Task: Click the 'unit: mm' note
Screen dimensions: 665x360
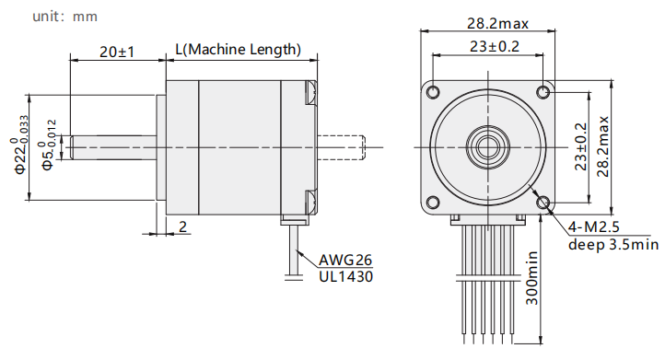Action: pyautogui.click(x=64, y=17)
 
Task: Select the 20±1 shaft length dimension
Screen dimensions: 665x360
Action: pyautogui.click(x=117, y=52)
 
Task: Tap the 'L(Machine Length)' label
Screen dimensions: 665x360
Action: pyautogui.click(x=239, y=49)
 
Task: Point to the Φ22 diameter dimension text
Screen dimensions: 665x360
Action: pyautogui.click(x=21, y=145)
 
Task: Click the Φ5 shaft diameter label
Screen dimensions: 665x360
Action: pyautogui.click(x=48, y=145)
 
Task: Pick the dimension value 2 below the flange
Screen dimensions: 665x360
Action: pyautogui.click(x=182, y=226)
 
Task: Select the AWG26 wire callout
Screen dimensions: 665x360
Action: pyautogui.click(x=345, y=260)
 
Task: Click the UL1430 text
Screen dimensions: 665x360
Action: pyautogui.click(x=346, y=276)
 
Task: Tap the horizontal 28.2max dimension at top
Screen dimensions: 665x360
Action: pyautogui.click(x=497, y=23)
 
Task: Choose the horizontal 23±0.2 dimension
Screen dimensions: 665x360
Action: pyautogui.click(x=494, y=46)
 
